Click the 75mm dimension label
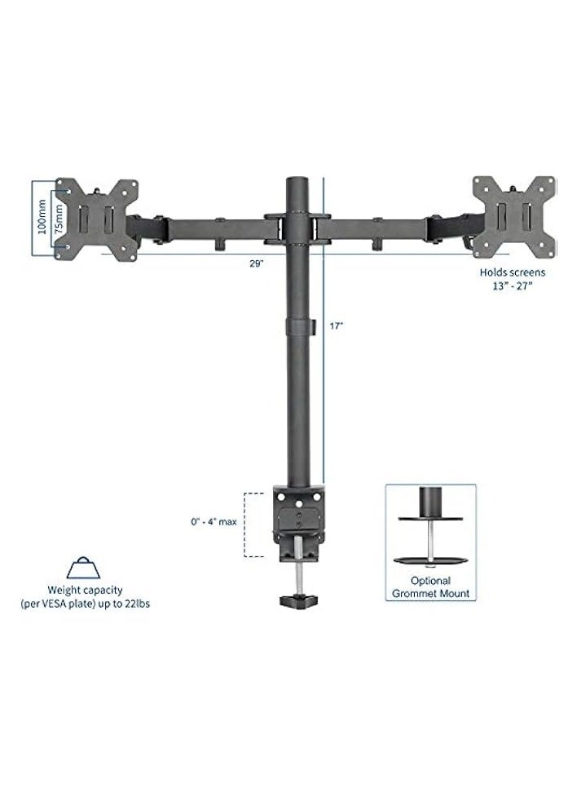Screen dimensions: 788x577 pyautogui.click(x=58, y=219)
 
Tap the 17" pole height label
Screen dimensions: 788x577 pyautogui.click(x=337, y=325)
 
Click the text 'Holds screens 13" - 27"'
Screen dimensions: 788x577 pyautogui.click(x=512, y=279)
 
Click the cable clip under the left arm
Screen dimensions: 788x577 pyautogui.click(x=220, y=243)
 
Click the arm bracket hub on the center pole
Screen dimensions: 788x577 pyautogui.click(x=298, y=228)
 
